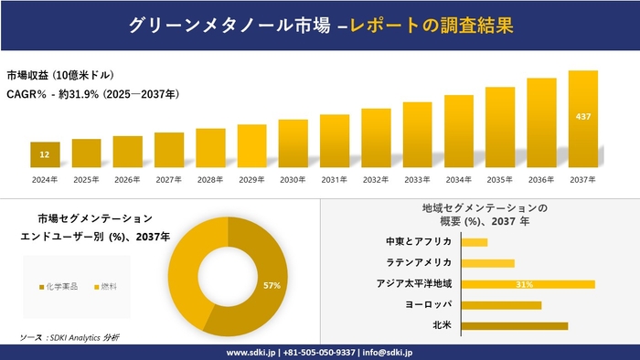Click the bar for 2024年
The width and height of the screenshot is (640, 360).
tap(45, 155)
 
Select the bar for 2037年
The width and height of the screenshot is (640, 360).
tap(583, 119)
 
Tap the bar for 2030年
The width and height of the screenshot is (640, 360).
tap(293, 143)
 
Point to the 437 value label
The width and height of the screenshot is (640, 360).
tap(583, 117)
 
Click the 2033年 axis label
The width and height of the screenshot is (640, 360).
tap(417, 179)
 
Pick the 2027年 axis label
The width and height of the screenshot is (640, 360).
tap(169, 179)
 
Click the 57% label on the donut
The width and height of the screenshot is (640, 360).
tap(271, 286)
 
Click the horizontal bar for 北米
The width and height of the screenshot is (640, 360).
tap(515, 325)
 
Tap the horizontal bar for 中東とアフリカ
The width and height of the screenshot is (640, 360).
tap(475, 242)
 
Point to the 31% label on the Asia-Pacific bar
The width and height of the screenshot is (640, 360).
tap(524, 284)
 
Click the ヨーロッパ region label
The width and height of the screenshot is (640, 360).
tap(427, 304)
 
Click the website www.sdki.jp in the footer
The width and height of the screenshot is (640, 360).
tap(253, 352)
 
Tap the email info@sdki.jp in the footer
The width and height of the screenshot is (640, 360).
tap(389, 352)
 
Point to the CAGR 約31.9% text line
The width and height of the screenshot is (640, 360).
tap(92, 94)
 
